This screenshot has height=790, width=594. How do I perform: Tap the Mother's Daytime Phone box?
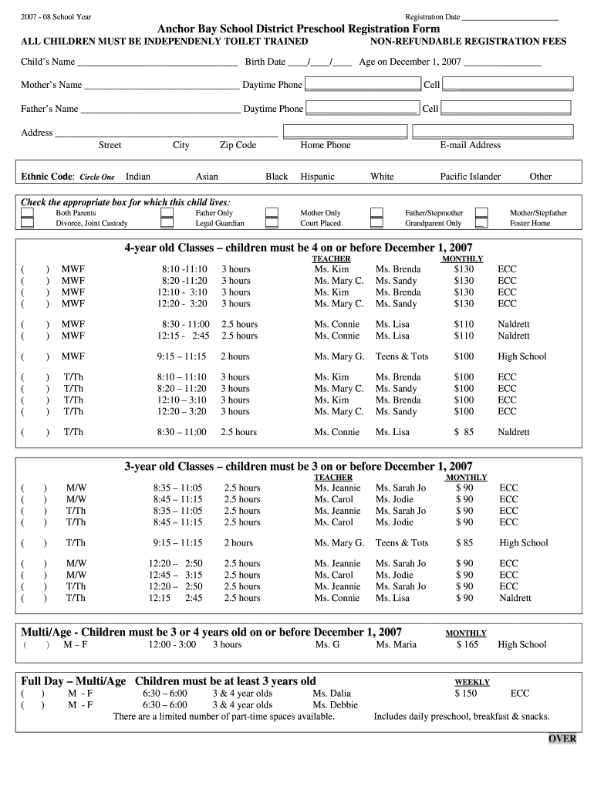(363, 85)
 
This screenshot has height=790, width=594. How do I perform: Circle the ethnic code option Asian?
(207, 177)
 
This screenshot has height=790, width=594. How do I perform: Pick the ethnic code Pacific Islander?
(470, 177)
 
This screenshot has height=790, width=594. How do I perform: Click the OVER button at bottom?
(562, 738)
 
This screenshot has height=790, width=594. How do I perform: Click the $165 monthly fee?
(468, 645)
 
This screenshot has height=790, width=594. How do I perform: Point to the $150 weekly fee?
(465, 694)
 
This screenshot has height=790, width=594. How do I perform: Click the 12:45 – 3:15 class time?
(176, 576)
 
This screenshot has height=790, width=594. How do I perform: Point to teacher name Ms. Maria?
(396, 645)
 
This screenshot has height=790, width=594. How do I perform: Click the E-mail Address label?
(470, 145)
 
